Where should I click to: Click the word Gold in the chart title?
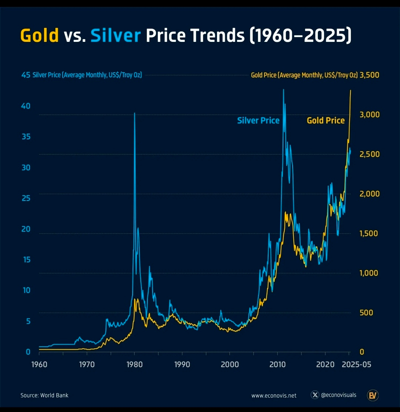(40, 36)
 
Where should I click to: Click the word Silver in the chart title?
(116, 36)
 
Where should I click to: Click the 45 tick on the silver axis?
(26, 75)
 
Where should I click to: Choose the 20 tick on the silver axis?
(26, 229)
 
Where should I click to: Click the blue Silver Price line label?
(258, 120)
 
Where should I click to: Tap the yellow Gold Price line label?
(326, 120)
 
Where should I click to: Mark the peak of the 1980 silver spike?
(134, 113)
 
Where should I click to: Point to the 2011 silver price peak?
(283, 90)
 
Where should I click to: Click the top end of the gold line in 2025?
(351, 90)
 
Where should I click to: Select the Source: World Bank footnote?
(44, 395)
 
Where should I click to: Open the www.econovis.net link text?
(274, 395)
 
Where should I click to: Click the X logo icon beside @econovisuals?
(315, 395)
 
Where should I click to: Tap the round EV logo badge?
(372, 395)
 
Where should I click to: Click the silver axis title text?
(87, 75)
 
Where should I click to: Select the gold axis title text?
(304, 75)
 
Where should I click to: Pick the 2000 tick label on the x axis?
(230, 364)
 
